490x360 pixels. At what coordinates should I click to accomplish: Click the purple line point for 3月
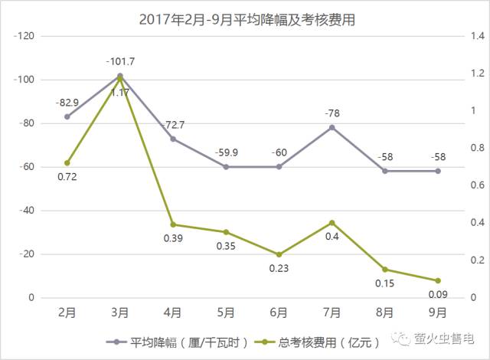120,76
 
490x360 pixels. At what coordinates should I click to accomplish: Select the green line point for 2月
67,162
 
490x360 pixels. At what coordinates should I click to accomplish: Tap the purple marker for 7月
332,127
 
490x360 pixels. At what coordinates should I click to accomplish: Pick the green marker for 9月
438,280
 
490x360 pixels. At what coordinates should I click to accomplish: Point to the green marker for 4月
173,224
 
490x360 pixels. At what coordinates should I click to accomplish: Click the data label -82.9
67,102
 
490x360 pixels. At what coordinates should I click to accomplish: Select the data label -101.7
120,61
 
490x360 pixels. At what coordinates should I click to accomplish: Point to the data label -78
332,113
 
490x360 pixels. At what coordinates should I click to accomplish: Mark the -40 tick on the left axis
28,211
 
